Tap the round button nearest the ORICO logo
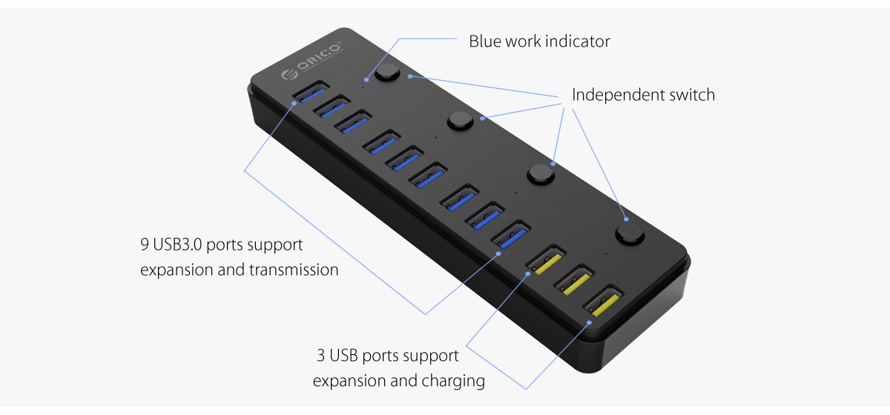(386, 74)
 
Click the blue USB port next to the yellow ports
(510, 236)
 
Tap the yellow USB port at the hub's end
(601, 301)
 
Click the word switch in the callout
(693, 95)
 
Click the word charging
(453, 381)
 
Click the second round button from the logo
(461, 120)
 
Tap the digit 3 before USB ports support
(321, 356)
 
